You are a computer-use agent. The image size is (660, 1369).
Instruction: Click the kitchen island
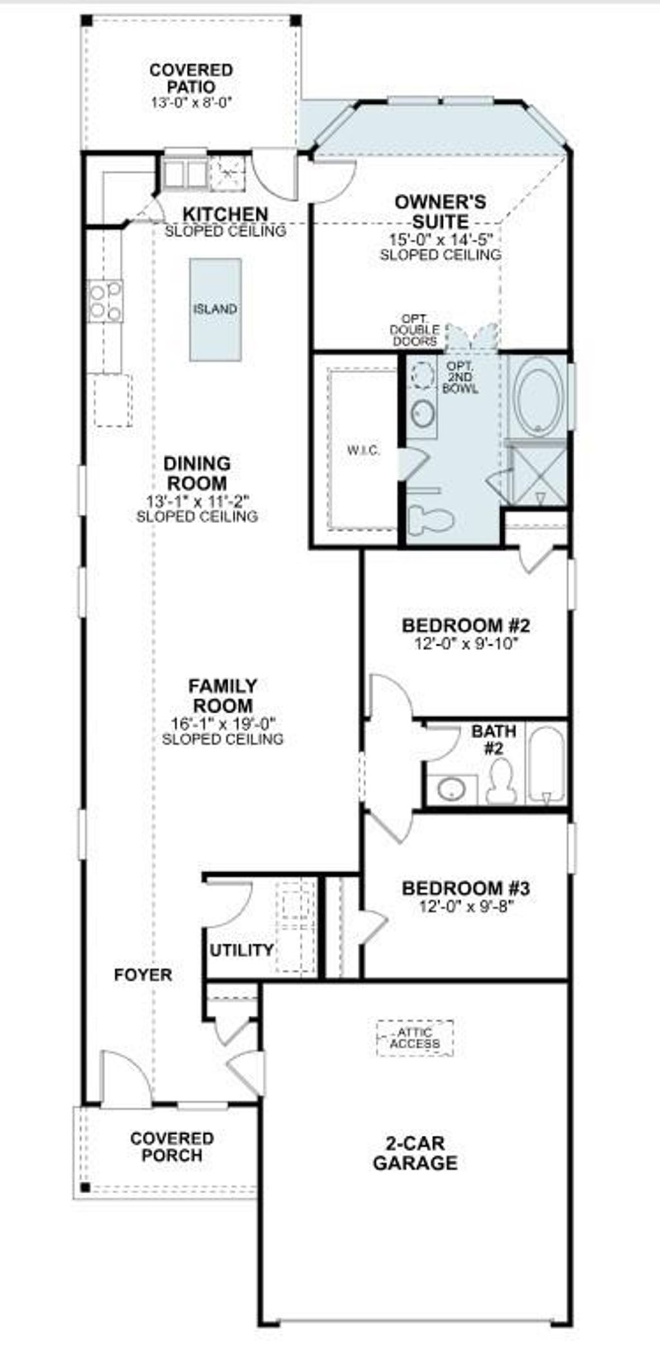coord(215,309)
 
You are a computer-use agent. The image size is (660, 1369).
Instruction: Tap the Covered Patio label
coord(191,78)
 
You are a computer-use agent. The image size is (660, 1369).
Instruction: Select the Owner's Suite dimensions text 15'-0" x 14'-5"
coord(441,239)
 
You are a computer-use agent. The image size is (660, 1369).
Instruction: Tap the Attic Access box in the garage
coord(415,1038)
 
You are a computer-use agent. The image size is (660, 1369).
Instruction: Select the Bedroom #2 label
coord(466,625)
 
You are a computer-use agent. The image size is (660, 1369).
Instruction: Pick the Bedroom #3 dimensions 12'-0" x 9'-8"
coord(466,906)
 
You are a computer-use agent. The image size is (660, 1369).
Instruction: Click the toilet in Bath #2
coord(501,781)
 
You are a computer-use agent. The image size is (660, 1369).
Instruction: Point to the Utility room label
coord(242,950)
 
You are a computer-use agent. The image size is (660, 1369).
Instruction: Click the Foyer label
coord(143,975)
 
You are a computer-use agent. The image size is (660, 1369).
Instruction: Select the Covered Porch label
coord(171,1147)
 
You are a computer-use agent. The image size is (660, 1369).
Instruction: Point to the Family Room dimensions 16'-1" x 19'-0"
coord(223,723)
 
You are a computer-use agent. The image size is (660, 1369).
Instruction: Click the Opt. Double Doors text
coord(416,330)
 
